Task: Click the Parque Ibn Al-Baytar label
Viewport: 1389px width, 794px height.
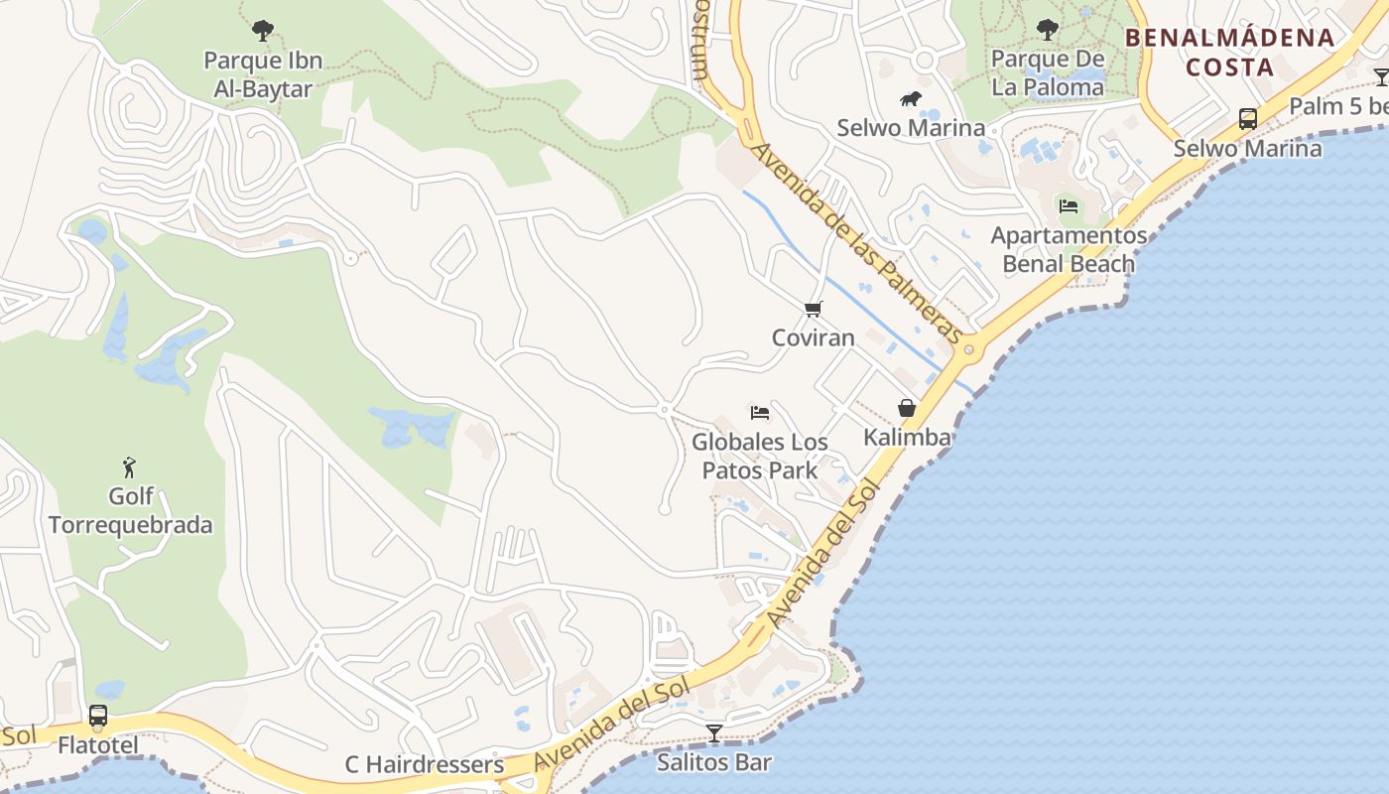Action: (263, 74)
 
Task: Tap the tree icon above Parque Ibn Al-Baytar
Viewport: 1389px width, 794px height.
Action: (263, 31)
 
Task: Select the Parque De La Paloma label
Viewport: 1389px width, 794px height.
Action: (1048, 73)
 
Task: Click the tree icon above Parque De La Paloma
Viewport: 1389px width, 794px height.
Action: (1048, 30)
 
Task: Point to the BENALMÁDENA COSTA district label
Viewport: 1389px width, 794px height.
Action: (1229, 53)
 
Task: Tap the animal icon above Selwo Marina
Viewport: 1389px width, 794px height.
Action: (911, 99)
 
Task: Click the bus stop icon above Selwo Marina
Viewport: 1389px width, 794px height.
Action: (1248, 119)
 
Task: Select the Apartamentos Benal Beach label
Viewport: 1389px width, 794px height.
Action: (1069, 249)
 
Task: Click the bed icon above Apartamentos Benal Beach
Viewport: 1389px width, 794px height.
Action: (1069, 206)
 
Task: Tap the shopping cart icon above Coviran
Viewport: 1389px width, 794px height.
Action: (814, 309)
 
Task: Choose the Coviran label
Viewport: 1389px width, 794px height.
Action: (814, 337)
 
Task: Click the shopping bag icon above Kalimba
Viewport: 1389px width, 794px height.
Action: (907, 408)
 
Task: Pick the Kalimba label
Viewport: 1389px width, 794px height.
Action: (907, 437)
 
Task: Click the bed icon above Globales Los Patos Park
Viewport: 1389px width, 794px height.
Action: (760, 412)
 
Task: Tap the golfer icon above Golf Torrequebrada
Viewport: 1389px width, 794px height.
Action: (129, 466)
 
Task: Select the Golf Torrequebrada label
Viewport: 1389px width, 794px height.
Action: (130, 510)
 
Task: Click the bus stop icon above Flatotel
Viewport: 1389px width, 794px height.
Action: (97, 716)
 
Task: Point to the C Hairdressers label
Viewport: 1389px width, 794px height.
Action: (425, 765)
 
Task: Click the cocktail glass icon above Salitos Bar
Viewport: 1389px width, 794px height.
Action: (713, 733)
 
